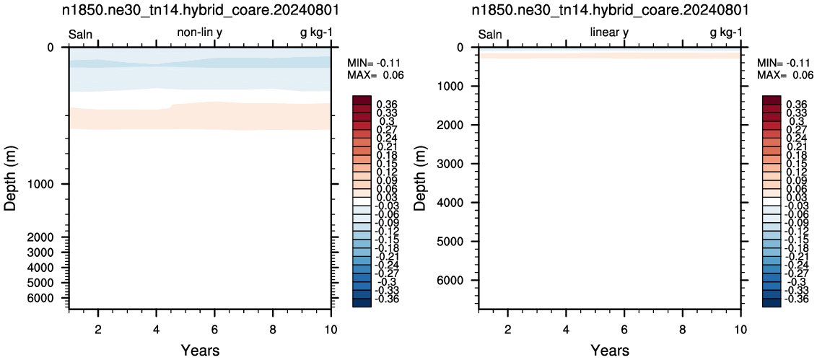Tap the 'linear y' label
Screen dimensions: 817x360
point(610,33)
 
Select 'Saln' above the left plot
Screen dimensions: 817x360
point(81,35)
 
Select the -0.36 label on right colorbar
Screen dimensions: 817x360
point(795,299)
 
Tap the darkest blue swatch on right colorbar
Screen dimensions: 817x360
point(771,303)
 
